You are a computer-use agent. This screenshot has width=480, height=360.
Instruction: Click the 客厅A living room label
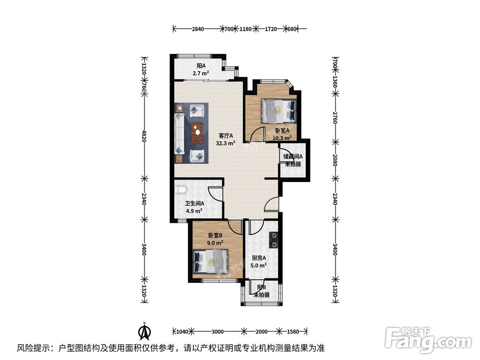226,135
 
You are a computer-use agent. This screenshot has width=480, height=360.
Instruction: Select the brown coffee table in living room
196,133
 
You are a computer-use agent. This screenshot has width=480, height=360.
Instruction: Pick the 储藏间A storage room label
292,156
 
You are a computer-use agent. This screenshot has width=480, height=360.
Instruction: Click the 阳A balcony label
201,66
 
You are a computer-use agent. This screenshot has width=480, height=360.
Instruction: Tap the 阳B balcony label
261,288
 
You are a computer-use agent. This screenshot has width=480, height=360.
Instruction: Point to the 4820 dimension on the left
144,137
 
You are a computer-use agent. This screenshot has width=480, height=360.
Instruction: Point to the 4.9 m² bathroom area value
194,211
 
